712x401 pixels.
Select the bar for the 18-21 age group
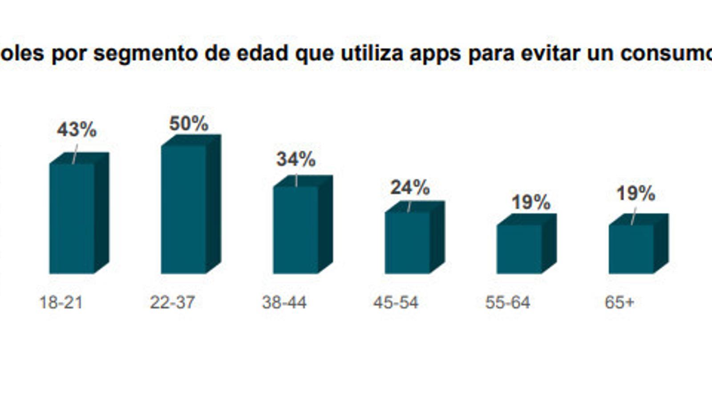click(72, 218)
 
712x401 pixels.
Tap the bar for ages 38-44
click(295, 229)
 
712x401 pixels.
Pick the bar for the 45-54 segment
click(407, 242)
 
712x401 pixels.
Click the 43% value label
click(77, 130)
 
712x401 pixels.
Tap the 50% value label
click(189, 123)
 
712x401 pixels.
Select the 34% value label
click(296, 159)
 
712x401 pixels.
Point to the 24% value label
click(410, 188)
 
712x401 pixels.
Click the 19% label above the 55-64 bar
click(531, 202)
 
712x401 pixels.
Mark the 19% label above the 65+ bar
click(635, 193)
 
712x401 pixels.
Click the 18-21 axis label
click(61, 303)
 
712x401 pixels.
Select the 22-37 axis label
click(172, 303)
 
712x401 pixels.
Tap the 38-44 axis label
click(284, 303)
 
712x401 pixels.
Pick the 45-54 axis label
click(396, 303)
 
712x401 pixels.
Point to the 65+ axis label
click(619, 303)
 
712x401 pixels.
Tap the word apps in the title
click(435, 53)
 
